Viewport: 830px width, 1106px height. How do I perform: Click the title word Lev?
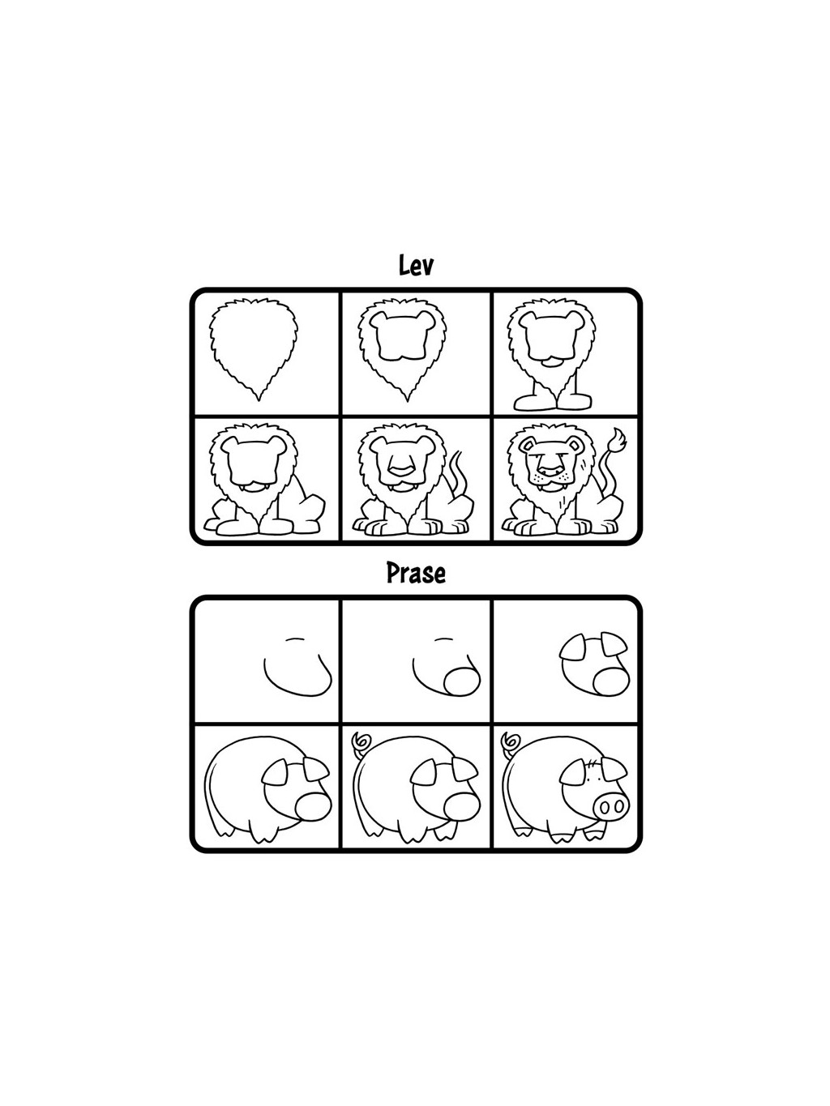pos(416,265)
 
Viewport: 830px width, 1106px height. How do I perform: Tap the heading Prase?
pos(416,574)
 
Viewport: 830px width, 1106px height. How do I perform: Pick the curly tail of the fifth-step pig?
pos(358,740)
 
